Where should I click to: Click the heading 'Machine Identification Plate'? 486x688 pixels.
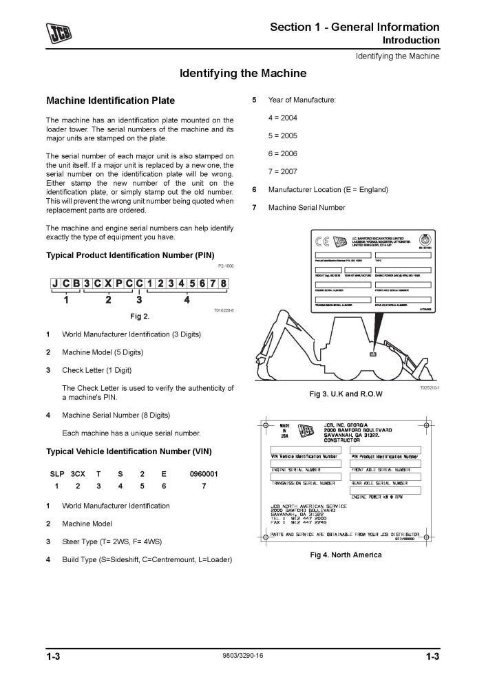tap(110, 100)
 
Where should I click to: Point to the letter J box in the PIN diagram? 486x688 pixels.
tap(55, 283)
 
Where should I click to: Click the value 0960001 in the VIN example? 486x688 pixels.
tap(204, 474)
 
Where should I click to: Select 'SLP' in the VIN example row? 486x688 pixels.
tap(56, 474)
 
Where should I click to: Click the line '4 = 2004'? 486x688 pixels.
tap(283, 118)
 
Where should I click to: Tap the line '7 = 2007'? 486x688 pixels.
tap(283, 171)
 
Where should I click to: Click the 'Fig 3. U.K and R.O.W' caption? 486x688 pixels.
tap(346, 394)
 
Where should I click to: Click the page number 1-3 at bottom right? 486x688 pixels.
tap(432, 658)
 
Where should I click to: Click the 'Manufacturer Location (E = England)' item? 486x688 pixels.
tap(328, 189)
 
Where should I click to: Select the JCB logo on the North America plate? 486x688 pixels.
tap(304, 431)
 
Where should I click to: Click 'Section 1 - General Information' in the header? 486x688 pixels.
tap(355, 27)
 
